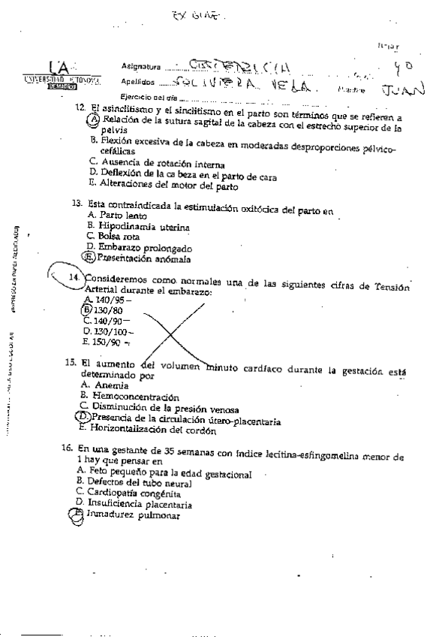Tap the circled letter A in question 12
[95, 119]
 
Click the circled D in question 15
[83, 418]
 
